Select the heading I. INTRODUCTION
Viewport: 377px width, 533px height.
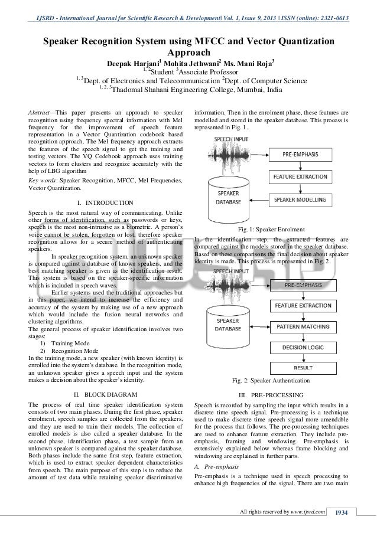(x=105, y=203)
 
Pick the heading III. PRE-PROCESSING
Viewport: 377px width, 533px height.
(x=271, y=394)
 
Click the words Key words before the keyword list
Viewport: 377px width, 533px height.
(x=44, y=180)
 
